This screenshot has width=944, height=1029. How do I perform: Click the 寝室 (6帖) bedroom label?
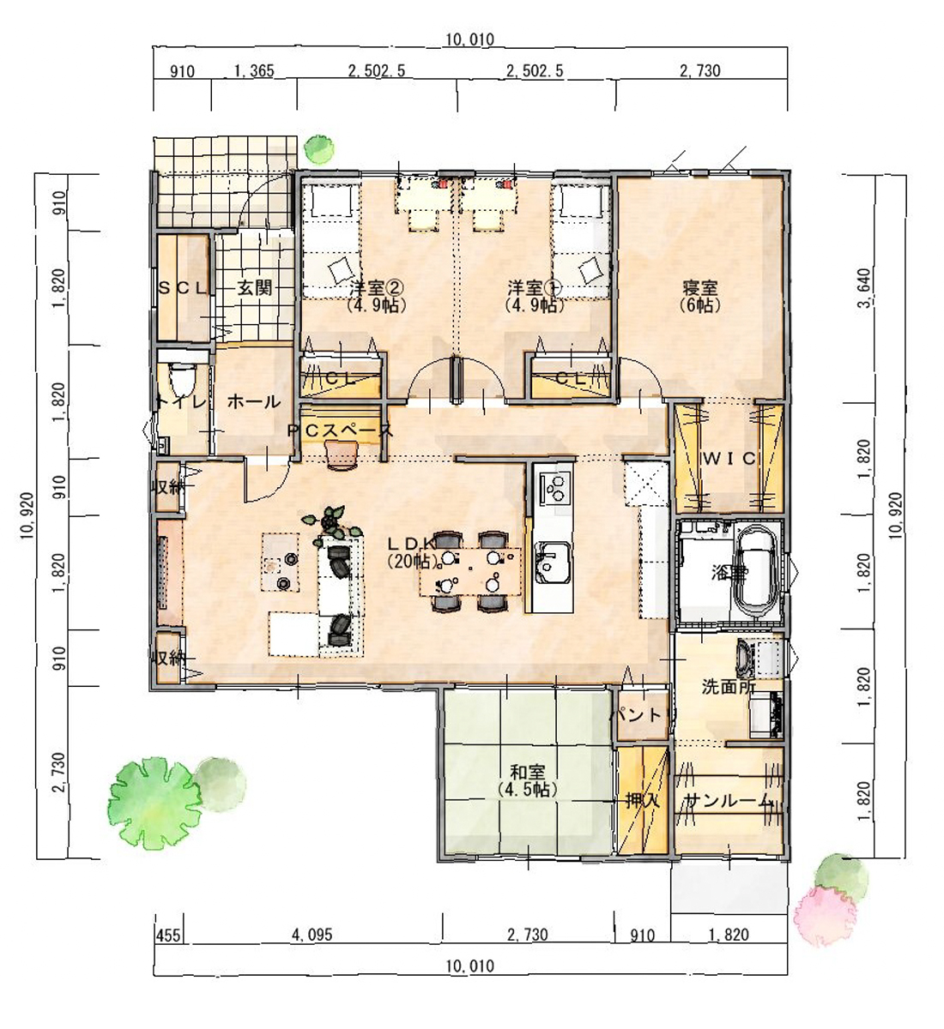tap(699, 296)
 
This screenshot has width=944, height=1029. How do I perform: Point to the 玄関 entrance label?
tap(255, 288)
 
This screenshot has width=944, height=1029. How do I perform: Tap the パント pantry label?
tap(639, 714)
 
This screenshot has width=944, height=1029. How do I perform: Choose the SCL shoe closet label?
tap(183, 289)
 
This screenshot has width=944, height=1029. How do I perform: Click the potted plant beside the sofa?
tap(332, 521)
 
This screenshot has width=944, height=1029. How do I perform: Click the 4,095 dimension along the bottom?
tap(312, 935)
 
